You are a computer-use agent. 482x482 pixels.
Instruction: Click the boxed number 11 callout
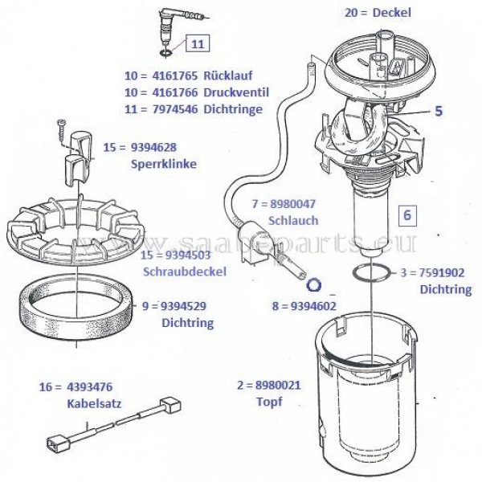click(x=198, y=43)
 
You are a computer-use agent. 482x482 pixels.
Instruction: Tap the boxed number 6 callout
click(x=407, y=214)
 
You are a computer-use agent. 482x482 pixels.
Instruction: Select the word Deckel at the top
click(x=392, y=13)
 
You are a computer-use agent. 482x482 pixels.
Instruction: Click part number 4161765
click(x=175, y=76)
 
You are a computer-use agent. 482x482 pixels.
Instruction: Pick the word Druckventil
click(x=236, y=92)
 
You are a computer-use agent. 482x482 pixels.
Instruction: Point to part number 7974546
click(x=175, y=109)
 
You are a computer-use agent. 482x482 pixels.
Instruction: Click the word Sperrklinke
click(x=164, y=164)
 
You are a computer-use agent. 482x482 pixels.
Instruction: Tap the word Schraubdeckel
click(x=185, y=272)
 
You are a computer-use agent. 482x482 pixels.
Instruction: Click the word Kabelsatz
click(x=94, y=403)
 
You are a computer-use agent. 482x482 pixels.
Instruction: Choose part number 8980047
click(x=293, y=204)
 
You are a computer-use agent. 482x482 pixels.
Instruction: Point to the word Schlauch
click(x=293, y=221)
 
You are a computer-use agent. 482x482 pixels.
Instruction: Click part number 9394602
click(x=313, y=306)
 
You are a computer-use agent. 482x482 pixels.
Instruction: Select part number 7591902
click(x=442, y=272)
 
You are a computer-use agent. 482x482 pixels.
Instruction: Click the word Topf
click(x=269, y=402)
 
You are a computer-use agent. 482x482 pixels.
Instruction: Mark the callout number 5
click(x=439, y=111)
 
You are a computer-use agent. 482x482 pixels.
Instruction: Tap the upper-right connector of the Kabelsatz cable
click(x=170, y=406)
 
